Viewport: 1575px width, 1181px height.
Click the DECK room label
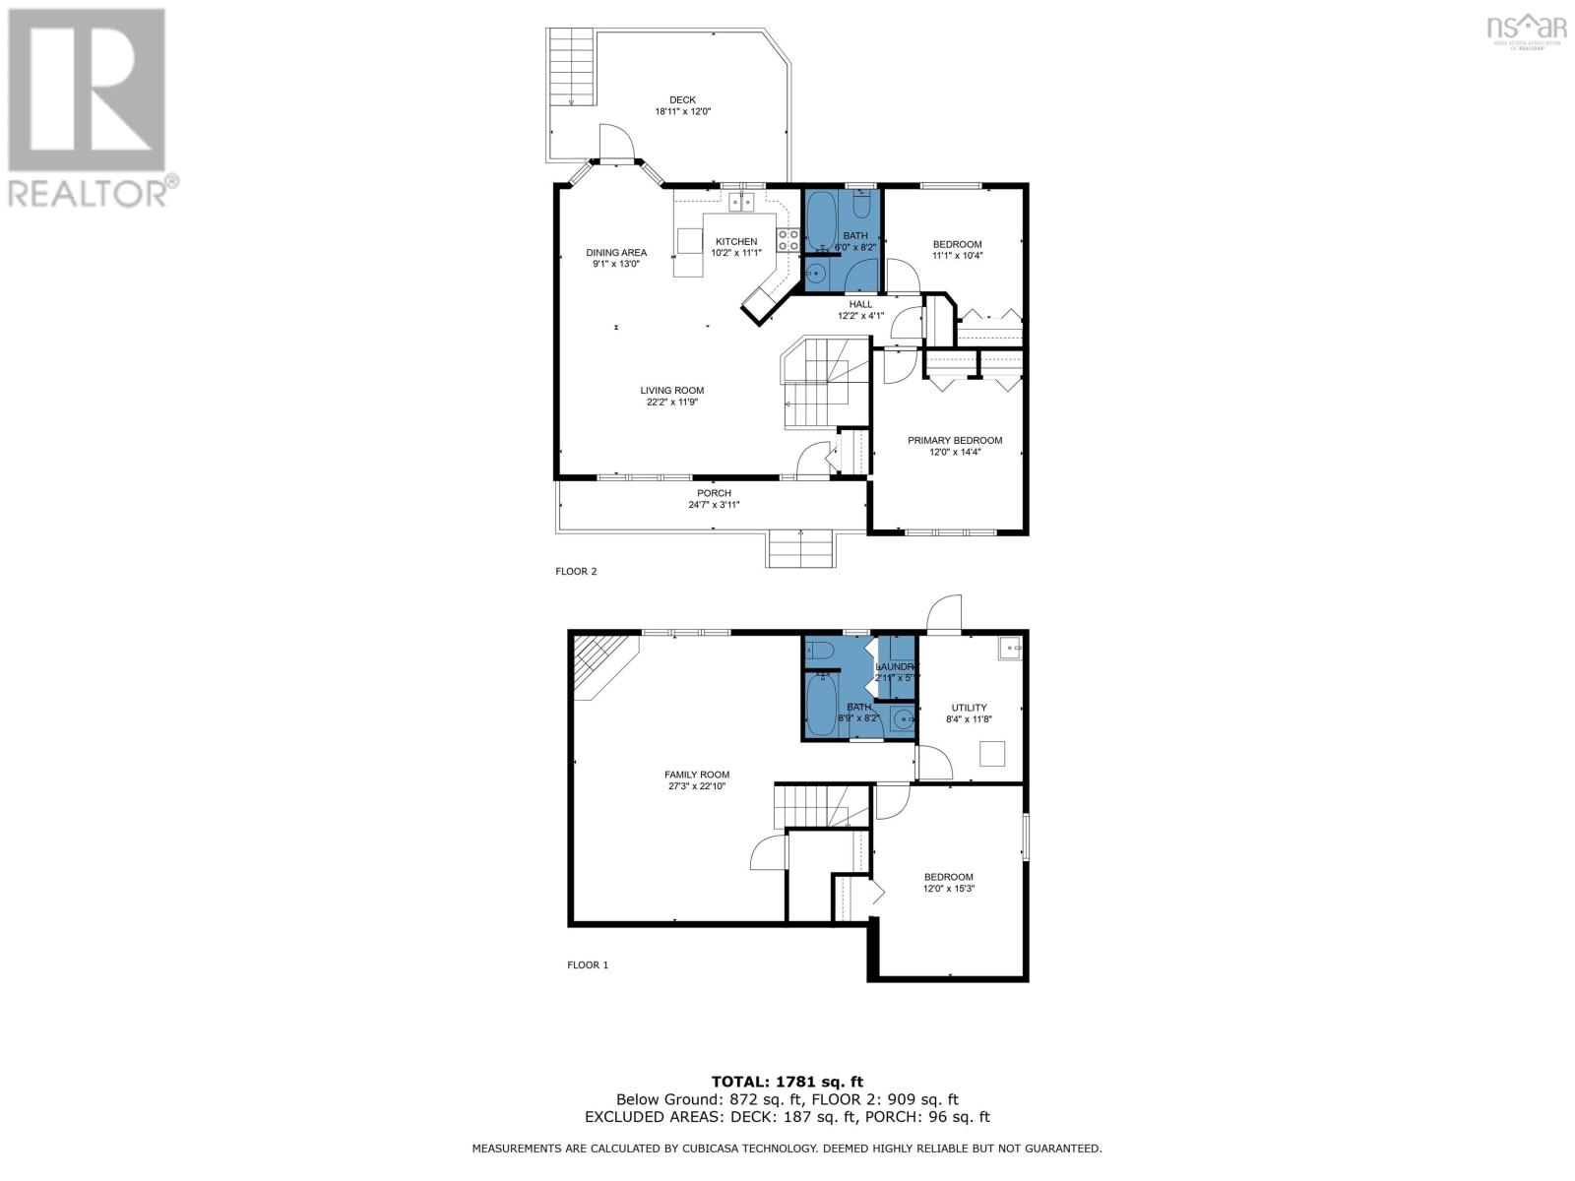(x=682, y=99)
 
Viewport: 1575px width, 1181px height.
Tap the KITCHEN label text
(x=736, y=242)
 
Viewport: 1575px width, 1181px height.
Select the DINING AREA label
(x=616, y=253)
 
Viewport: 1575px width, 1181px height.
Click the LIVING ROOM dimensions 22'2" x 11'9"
(x=672, y=402)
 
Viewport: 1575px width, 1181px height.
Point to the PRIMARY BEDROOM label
(x=954, y=441)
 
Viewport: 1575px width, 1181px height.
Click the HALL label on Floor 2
(x=860, y=304)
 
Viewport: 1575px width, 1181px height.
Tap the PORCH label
(x=714, y=493)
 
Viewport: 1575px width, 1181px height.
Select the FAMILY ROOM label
(x=696, y=775)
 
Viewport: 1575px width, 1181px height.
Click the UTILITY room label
(x=969, y=708)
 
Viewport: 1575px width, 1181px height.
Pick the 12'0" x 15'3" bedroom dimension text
(x=948, y=889)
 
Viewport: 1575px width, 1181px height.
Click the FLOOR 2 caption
(x=576, y=572)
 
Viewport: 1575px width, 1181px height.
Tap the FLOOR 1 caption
(x=588, y=965)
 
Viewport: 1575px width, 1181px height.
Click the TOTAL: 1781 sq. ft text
(x=787, y=1082)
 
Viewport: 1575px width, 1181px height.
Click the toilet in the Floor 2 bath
(x=860, y=208)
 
